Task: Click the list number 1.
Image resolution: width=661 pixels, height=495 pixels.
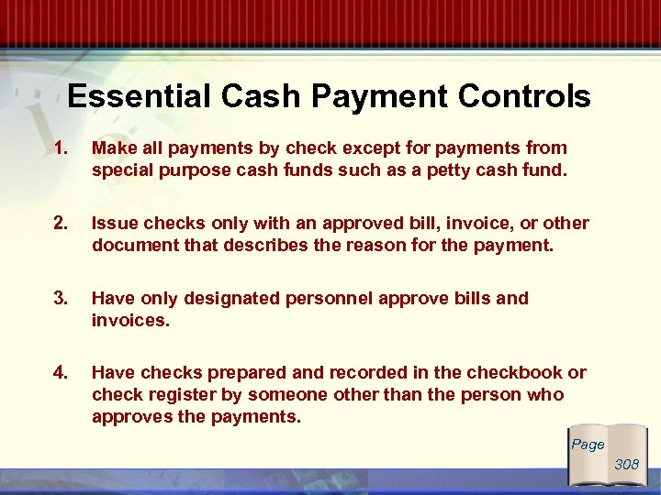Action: point(61,148)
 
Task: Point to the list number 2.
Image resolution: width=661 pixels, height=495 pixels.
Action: point(61,224)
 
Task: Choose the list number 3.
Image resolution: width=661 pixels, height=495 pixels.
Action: point(61,299)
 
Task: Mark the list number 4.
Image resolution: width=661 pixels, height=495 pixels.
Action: point(61,373)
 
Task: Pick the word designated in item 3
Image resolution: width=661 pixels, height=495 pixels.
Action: point(232,299)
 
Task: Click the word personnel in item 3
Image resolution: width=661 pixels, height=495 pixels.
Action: point(327,299)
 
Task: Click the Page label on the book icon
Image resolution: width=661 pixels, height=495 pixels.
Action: point(588,445)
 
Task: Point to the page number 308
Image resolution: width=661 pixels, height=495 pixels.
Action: point(626,465)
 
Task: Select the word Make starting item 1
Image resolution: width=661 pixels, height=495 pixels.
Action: point(113,148)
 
